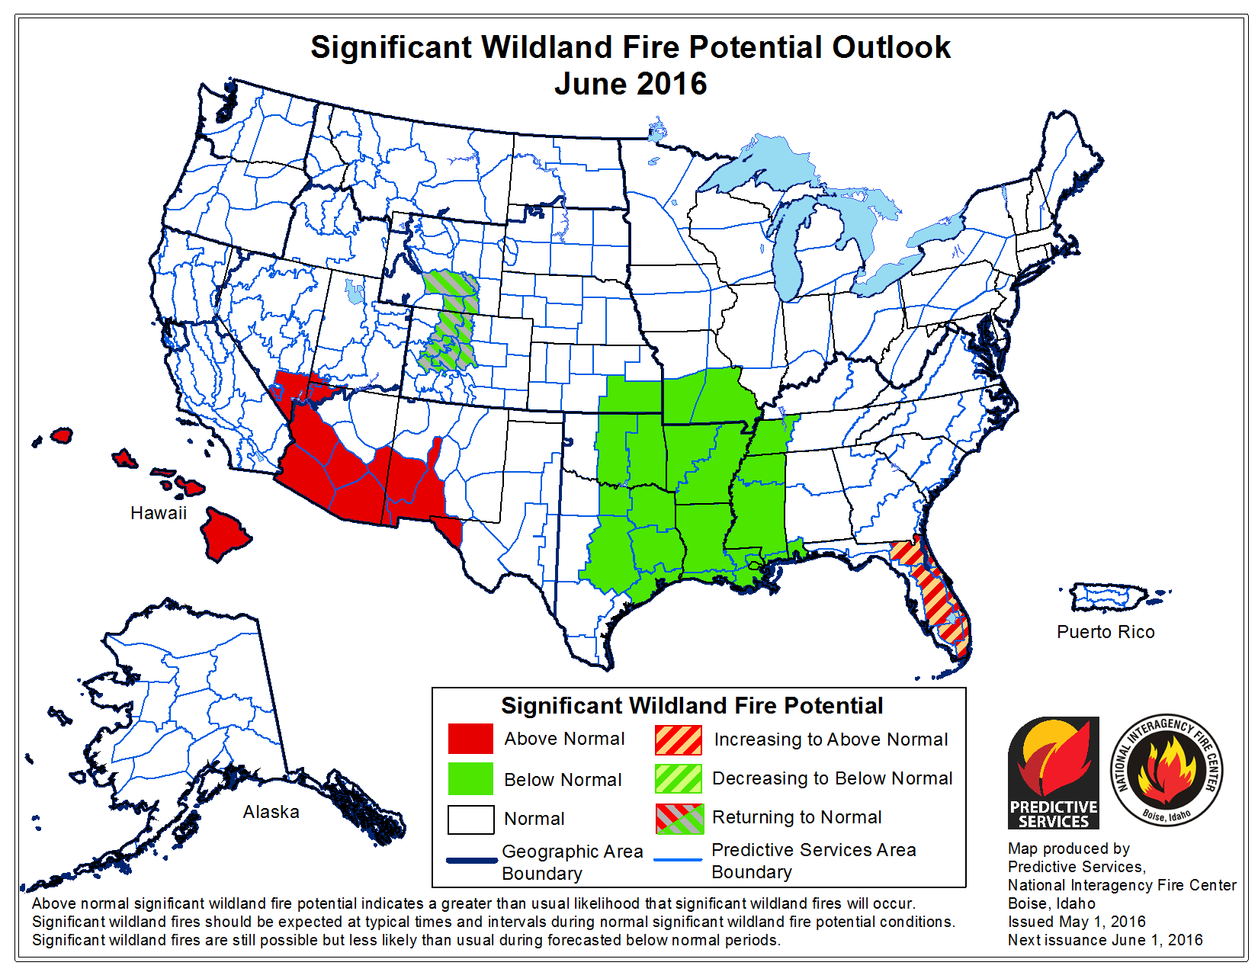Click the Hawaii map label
tap(159, 513)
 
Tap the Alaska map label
tap(271, 812)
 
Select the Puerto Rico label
tap(1106, 632)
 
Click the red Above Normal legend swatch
tap(470, 739)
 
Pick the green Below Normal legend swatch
tap(470, 779)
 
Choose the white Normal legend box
tap(470, 820)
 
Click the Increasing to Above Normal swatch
tap(679, 739)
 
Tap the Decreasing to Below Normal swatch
tap(679, 779)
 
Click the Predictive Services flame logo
tap(1053, 772)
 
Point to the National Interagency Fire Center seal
tap(1166, 772)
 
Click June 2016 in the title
tap(631, 84)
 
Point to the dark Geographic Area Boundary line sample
tap(471, 861)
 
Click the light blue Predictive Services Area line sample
tap(678, 860)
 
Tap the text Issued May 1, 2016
tap(1077, 922)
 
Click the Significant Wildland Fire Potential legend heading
tap(692, 706)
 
